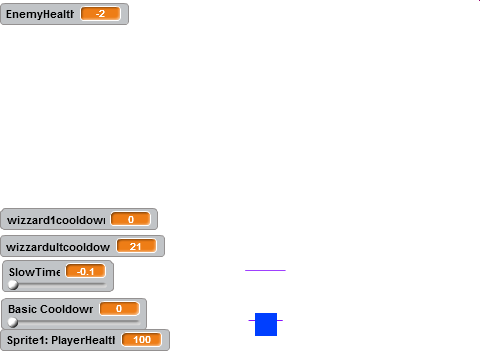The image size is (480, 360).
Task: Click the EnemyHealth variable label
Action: point(40,14)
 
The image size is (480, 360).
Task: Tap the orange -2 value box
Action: point(100,14)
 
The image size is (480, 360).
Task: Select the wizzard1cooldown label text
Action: point(56,220)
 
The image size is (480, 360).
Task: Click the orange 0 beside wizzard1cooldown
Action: point(131,219)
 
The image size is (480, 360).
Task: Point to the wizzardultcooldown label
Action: point(58,247)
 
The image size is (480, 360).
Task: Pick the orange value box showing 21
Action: point(136,246)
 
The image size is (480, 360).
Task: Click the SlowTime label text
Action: point(34,272)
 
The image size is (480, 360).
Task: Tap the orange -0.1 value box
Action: point(86,272)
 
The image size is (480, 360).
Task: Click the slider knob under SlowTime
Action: point(13,285)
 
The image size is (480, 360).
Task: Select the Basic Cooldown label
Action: point(50,309)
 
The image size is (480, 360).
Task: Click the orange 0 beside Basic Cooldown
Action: point(119,309)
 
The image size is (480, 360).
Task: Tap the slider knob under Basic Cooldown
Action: point(13,322)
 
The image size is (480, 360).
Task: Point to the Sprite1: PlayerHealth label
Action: point(61,340)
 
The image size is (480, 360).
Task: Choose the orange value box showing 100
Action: point(142,340)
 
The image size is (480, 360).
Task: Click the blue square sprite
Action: point(266,324)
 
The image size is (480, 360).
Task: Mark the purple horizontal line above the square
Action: point(265,270)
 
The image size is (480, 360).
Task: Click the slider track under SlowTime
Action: point(58,285)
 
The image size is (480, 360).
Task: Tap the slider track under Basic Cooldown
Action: point(74,322)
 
